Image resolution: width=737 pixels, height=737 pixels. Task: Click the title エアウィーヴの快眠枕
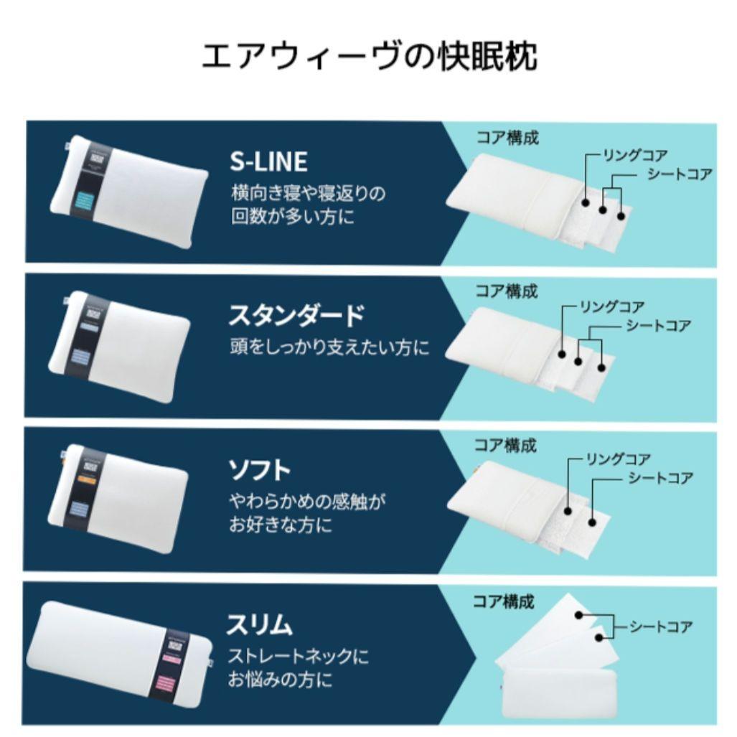pos(369,55)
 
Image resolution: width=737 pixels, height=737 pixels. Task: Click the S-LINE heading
pos(268,161)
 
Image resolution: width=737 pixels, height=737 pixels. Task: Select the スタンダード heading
pos(296,316)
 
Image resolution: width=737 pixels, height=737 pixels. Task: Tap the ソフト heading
pos(259,470)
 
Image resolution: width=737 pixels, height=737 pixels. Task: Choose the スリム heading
pos(259,624)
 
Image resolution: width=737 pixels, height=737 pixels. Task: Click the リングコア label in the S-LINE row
pos(636,156)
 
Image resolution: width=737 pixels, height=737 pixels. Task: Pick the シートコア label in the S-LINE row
pos(680,174)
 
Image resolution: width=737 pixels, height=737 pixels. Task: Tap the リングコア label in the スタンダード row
pos(612,308)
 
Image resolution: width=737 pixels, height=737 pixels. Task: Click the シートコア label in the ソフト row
pos(661,478)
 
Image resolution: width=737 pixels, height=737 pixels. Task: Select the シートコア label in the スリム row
pos(661,627)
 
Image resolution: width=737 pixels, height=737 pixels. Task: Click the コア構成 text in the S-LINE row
pos(507,137)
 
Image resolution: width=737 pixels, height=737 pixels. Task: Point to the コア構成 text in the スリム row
pos(504,601)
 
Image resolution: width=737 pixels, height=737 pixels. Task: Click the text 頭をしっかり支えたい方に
pos(329,348)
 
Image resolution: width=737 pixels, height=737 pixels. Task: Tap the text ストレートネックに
pos(299,656)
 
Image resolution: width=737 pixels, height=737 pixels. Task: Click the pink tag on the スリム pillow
pos(172,680)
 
